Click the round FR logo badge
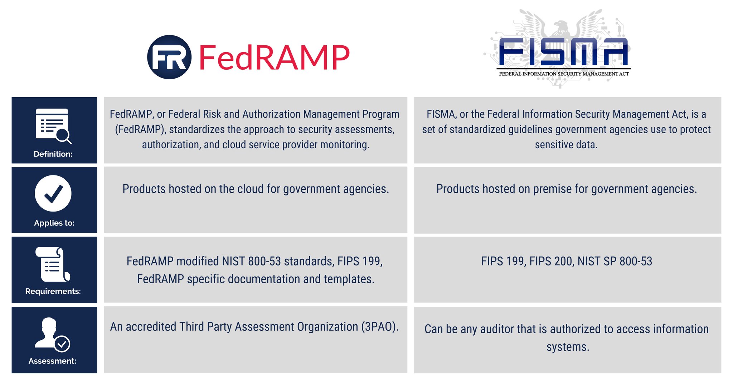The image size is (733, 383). tap(169, 57)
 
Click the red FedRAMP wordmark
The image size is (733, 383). tap(274, 57)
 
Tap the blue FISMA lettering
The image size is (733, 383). tap(563, 52)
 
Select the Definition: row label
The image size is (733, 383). tap(53, 154)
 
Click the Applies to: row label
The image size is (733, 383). tap(54, 223)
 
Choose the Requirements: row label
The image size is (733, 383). tap(53, 291)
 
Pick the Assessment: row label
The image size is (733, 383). tap(52, 361)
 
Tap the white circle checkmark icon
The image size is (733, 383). tap(53, 193)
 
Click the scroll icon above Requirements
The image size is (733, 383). tap(53, 264)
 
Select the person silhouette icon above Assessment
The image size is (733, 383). tap(52, 334)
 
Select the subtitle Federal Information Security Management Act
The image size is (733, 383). tap(564, 74)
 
